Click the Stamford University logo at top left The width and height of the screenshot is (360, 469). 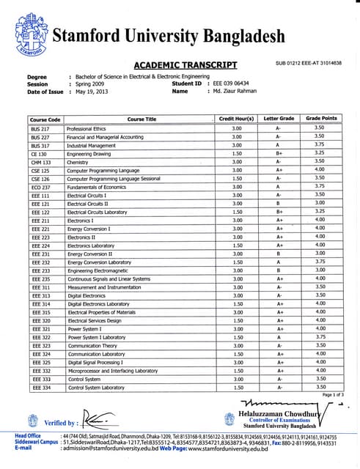click(29, 35)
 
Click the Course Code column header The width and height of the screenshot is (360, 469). click(45, 119)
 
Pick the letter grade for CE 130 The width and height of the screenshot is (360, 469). click(279, 155)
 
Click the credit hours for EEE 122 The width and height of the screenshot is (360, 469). click(237, 212)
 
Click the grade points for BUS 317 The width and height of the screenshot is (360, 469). click(320, 145)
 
